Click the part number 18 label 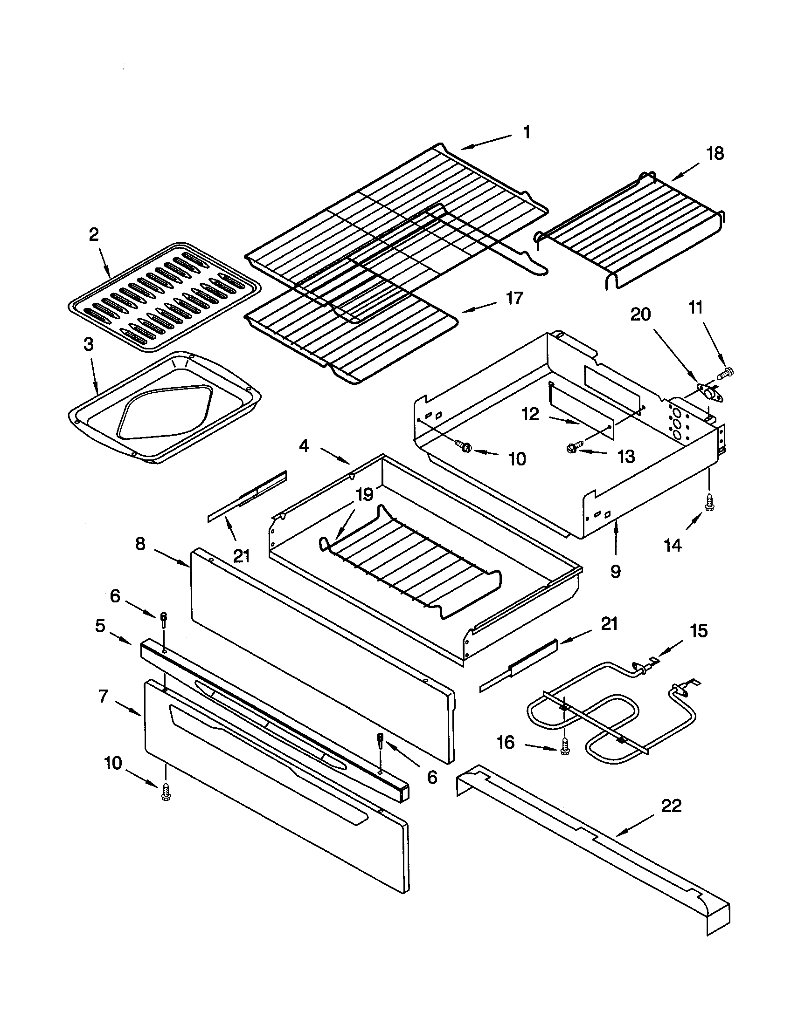[x=715, y=154]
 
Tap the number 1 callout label [x=527, y=132]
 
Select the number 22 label [x=671, y=806]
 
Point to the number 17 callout [x=515, y=298]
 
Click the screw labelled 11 [x=726, y=373]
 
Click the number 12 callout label [x=531, y=415]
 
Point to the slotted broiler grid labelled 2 [x=164, y=297]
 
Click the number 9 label [x=615, y=571]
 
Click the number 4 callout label [x=304, y=446]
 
